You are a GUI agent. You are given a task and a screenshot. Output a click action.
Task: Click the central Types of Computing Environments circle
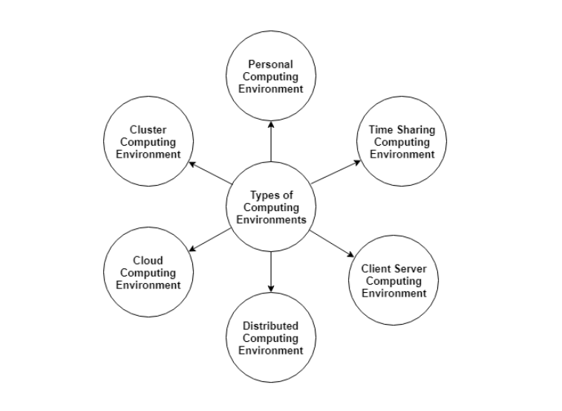pyautogui.click(x=271, y=207)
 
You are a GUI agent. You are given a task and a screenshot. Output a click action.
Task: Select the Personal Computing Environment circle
pyautogui.click(x=271, y=77)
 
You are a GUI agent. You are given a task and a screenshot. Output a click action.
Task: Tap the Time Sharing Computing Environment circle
pyautogui.click(x=402, y=141)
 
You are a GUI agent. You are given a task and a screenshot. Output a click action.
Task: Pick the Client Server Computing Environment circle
pyautogui.click(x=393, y=280)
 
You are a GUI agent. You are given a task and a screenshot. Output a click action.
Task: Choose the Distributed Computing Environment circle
pyautogui.click(x=271, y=337)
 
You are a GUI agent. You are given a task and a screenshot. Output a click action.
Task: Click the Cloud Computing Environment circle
pyautogui.click(x=148, y=273)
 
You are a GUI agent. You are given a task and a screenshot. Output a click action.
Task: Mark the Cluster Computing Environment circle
pyautogui.click(x=148, y=141)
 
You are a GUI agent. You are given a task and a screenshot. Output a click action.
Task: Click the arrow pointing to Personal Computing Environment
pyautogui.click(x=271, y=141)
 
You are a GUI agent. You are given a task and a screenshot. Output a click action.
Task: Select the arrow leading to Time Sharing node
pyautogui.click(x=336, y=172)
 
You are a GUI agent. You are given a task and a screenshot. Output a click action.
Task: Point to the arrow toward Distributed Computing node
pyautogui.click(x=271, y=272)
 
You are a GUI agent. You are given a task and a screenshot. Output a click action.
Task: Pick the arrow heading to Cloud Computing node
pyautogui.click(x=211, y=239)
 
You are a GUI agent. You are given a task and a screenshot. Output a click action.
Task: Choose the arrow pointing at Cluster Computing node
pyautogui.click(x=211, y=172)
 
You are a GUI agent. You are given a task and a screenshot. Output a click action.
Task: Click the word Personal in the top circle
pyautogui.click(x=271, y=65)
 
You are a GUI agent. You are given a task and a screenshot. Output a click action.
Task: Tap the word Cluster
pyautogui.click(x=148, y=130)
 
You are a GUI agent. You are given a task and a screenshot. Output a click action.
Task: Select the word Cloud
pyautogui.click(x=148, y=261)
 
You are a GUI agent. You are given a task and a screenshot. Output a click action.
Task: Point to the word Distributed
pyautogui.click(x=271, y=326)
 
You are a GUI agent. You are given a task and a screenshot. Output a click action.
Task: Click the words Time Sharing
pyautogui.click(x=402, y=130)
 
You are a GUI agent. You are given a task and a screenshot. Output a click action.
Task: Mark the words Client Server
pyautogui.click(x=393, y=269)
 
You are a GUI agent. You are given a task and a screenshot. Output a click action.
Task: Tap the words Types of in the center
pyautogui.click(x=271, y=195)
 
